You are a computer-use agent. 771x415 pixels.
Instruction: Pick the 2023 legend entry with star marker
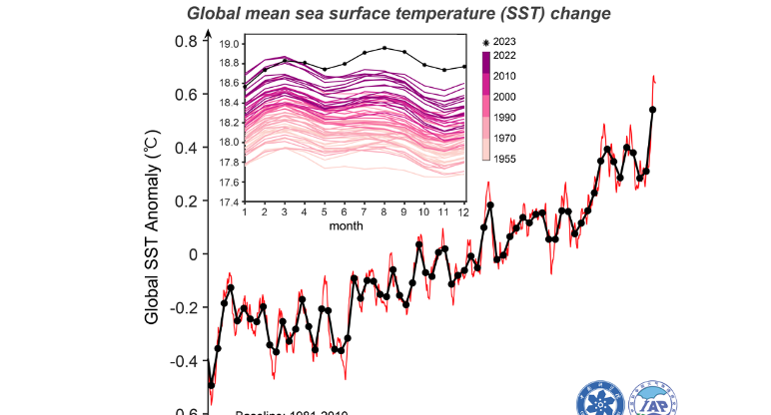(x=499, y=42)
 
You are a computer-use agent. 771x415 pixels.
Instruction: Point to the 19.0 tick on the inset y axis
(x=230, y=44)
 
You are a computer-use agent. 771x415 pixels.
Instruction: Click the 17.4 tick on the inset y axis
(x=230, y=202)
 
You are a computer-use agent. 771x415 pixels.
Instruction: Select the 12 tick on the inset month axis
(x=463, y=212)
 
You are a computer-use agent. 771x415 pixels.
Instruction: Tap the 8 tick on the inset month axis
(x=384, y=212)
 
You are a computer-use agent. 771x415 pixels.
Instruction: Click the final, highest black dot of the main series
(x=652, y=110)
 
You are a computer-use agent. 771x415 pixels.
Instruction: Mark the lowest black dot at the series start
(x=211, y=385)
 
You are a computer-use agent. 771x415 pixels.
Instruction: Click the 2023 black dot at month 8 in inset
(x=385, y=46)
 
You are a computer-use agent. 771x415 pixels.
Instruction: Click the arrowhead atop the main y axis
(x=209, y=33)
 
